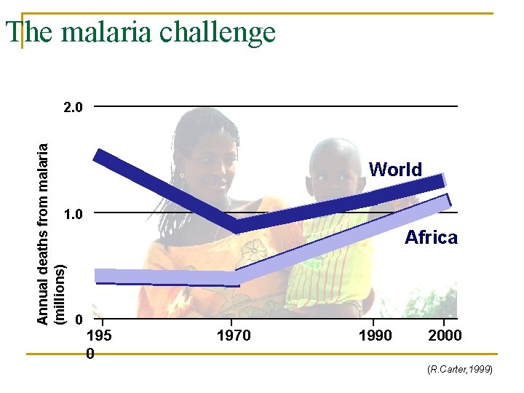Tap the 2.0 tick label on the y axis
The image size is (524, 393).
pyautogui.click(x=73, y=108)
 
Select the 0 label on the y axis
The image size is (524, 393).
pyautogui.click(x=79, y=319)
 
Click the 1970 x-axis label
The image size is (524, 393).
pyautogui.click(x=233, y=336)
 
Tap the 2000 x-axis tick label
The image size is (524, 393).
pyautogui.click(x=444, y=336)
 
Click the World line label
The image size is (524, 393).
pyautogui.click(x=395, y=170)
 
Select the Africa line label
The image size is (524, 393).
pyautogui.click(x=431, y=237)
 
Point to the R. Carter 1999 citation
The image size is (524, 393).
pyautogui.click(x=460, y=370)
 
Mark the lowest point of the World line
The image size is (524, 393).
pyautogui.click(x=234, y=226)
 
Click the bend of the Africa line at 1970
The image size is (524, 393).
pyautogui.click(x=233, y=278)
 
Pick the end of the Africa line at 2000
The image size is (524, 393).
pyautogui.click(x=447, y=200)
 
